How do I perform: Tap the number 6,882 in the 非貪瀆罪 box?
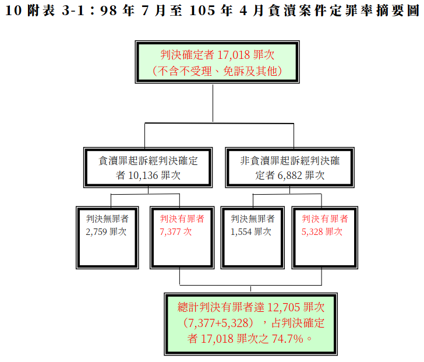pos(288,174)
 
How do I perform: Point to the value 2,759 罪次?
pos(106,231)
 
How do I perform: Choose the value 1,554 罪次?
pos(251,231)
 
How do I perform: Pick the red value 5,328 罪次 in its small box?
pos(322,231)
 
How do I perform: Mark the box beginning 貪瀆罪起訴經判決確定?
pos(149,167)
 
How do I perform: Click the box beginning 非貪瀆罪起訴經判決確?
pos(289,167)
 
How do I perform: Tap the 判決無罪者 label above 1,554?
pos(252,219)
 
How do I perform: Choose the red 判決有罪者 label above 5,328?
pos(325,219)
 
